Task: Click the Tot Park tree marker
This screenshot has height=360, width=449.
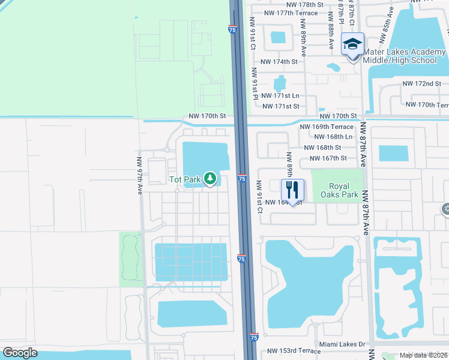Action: (x=210, y=178)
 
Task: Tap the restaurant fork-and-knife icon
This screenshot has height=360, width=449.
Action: (x=292, y=190)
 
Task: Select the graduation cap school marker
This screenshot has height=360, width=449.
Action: (x=352, y=44)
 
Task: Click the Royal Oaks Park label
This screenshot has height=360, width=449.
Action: (x=343, y=190)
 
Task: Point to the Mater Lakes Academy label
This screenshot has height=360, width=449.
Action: (x=399, y=56)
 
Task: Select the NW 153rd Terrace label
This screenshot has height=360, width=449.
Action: (x=295, y=351)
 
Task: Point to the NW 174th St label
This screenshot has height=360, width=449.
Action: (x=279, y=62)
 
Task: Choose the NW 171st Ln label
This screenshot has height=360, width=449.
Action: (x=279, y=96)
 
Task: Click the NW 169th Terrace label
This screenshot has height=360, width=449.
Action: (x=327, y=127)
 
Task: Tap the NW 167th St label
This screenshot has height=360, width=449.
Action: (x=328, y=158)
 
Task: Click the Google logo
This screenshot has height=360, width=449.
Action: (x=20, y=353)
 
